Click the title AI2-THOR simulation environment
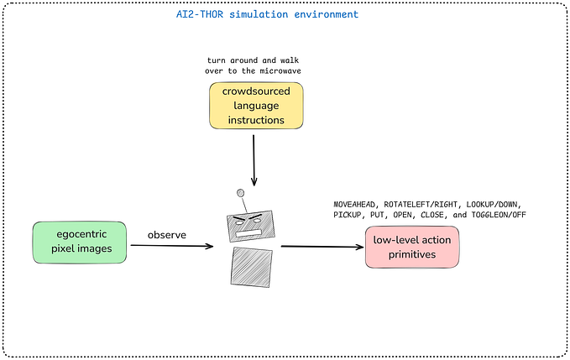[261, 15]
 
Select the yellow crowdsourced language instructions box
[255, 107]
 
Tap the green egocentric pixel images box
[80, 241]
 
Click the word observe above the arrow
[167, 234]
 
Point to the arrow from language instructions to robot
[254, 159]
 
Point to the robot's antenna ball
[240, 192]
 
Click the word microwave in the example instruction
[280, 71]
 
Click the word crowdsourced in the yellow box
[255, 93]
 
